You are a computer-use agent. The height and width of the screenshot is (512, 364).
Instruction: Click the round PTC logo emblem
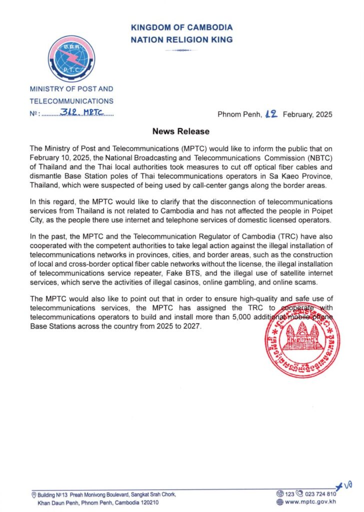[71, 58]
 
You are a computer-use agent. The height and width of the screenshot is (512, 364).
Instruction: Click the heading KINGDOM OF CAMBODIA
[182, 28]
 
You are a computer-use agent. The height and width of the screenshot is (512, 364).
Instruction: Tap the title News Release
[181, 131]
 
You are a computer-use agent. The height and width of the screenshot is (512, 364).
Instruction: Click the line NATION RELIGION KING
[182, 39]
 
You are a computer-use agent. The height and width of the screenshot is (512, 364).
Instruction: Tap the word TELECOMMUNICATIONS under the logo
[71, 101]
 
